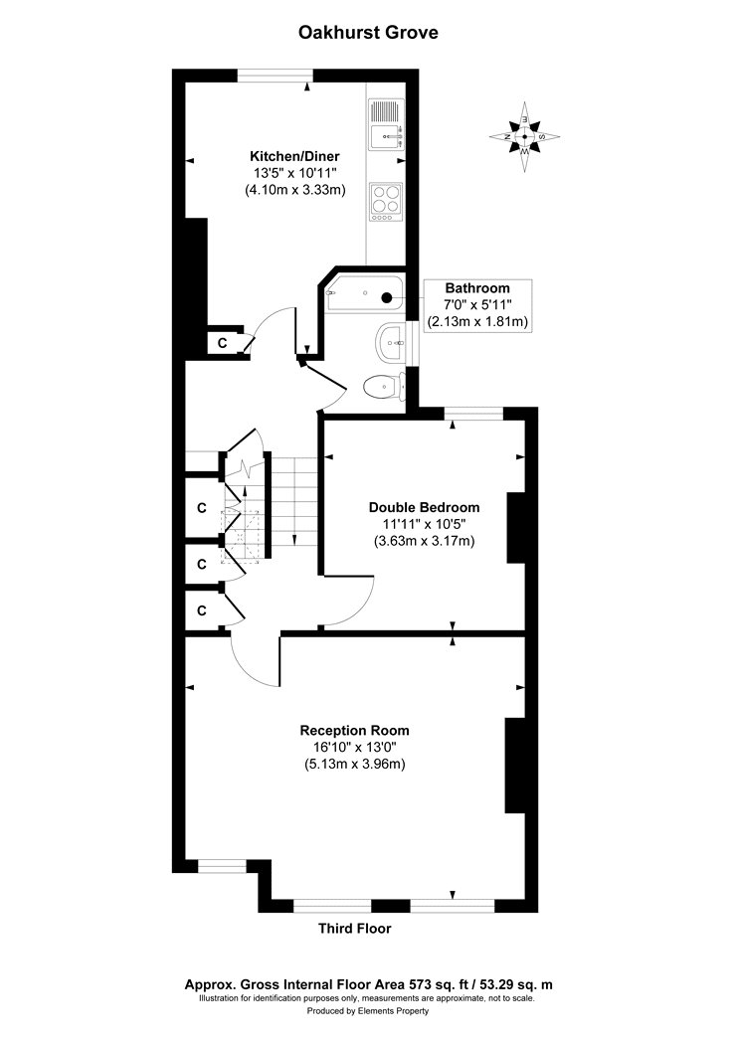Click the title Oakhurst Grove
[x=369, y=33]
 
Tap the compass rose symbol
[x=525, y=135]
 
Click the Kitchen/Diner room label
[x=294, y=156]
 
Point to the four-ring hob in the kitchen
[x=384, y=200]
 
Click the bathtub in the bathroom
[x=365, y=295]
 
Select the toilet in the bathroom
[x=382, y=386]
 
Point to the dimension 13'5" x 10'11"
[x=294, y=173]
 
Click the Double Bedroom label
[x=424, y=506]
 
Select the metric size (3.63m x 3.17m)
[x=424, y=541]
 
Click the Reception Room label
[x=354, y=730]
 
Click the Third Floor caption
[x=354, y=929]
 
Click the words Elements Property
[x=395, y=1010]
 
